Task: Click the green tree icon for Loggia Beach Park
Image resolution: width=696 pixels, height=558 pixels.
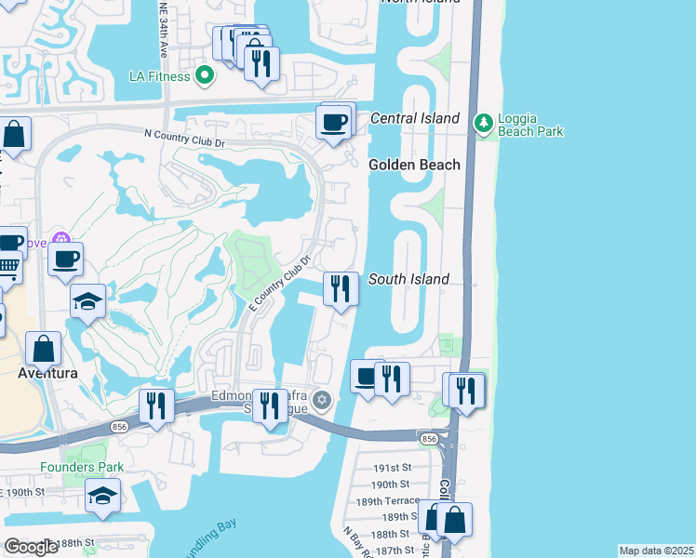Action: point(483,123)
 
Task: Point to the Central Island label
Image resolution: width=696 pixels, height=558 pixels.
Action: point(414,118)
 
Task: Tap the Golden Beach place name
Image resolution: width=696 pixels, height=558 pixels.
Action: point(414,165)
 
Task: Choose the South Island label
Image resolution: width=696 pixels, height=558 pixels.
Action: point(408,279)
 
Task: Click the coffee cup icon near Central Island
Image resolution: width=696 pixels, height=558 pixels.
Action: point(334,121)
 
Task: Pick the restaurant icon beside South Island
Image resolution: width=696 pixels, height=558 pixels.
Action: point(341,288)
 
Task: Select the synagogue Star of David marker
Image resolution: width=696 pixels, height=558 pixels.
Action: point(322,401)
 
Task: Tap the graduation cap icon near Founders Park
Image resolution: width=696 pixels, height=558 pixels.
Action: point(102,497)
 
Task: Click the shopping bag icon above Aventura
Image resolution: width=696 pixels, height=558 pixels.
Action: point(44,351)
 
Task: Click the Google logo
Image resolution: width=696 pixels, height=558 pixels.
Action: point(31,547)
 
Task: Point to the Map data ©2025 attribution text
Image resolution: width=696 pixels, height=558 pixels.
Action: point(655,551)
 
